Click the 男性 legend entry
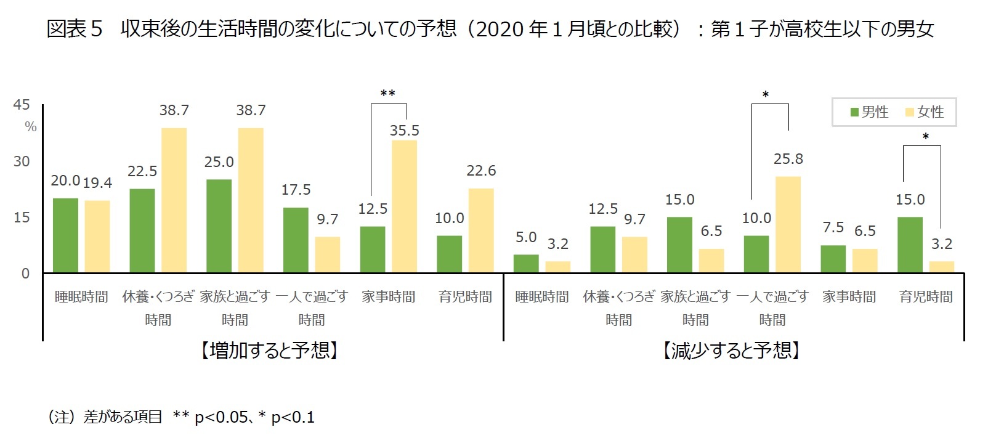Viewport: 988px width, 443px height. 869,112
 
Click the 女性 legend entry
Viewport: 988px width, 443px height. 924,112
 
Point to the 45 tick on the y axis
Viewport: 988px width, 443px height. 22,105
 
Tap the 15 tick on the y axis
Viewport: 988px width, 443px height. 22,217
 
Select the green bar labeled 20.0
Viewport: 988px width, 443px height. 65,235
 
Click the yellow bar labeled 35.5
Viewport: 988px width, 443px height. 404,206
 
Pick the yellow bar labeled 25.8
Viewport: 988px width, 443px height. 788,225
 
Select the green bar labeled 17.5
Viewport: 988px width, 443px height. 296,240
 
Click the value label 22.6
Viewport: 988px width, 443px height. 481,171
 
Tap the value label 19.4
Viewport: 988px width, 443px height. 97,183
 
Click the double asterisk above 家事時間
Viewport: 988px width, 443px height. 388,94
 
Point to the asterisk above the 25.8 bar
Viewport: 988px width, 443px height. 766,96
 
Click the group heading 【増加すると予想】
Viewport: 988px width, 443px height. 269,351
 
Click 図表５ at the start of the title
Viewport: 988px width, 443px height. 74,29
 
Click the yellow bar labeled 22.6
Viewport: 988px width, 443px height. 481,231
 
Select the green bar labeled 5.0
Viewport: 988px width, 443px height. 526,264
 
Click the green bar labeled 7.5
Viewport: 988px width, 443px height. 833,259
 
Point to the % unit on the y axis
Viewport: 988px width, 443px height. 31,127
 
